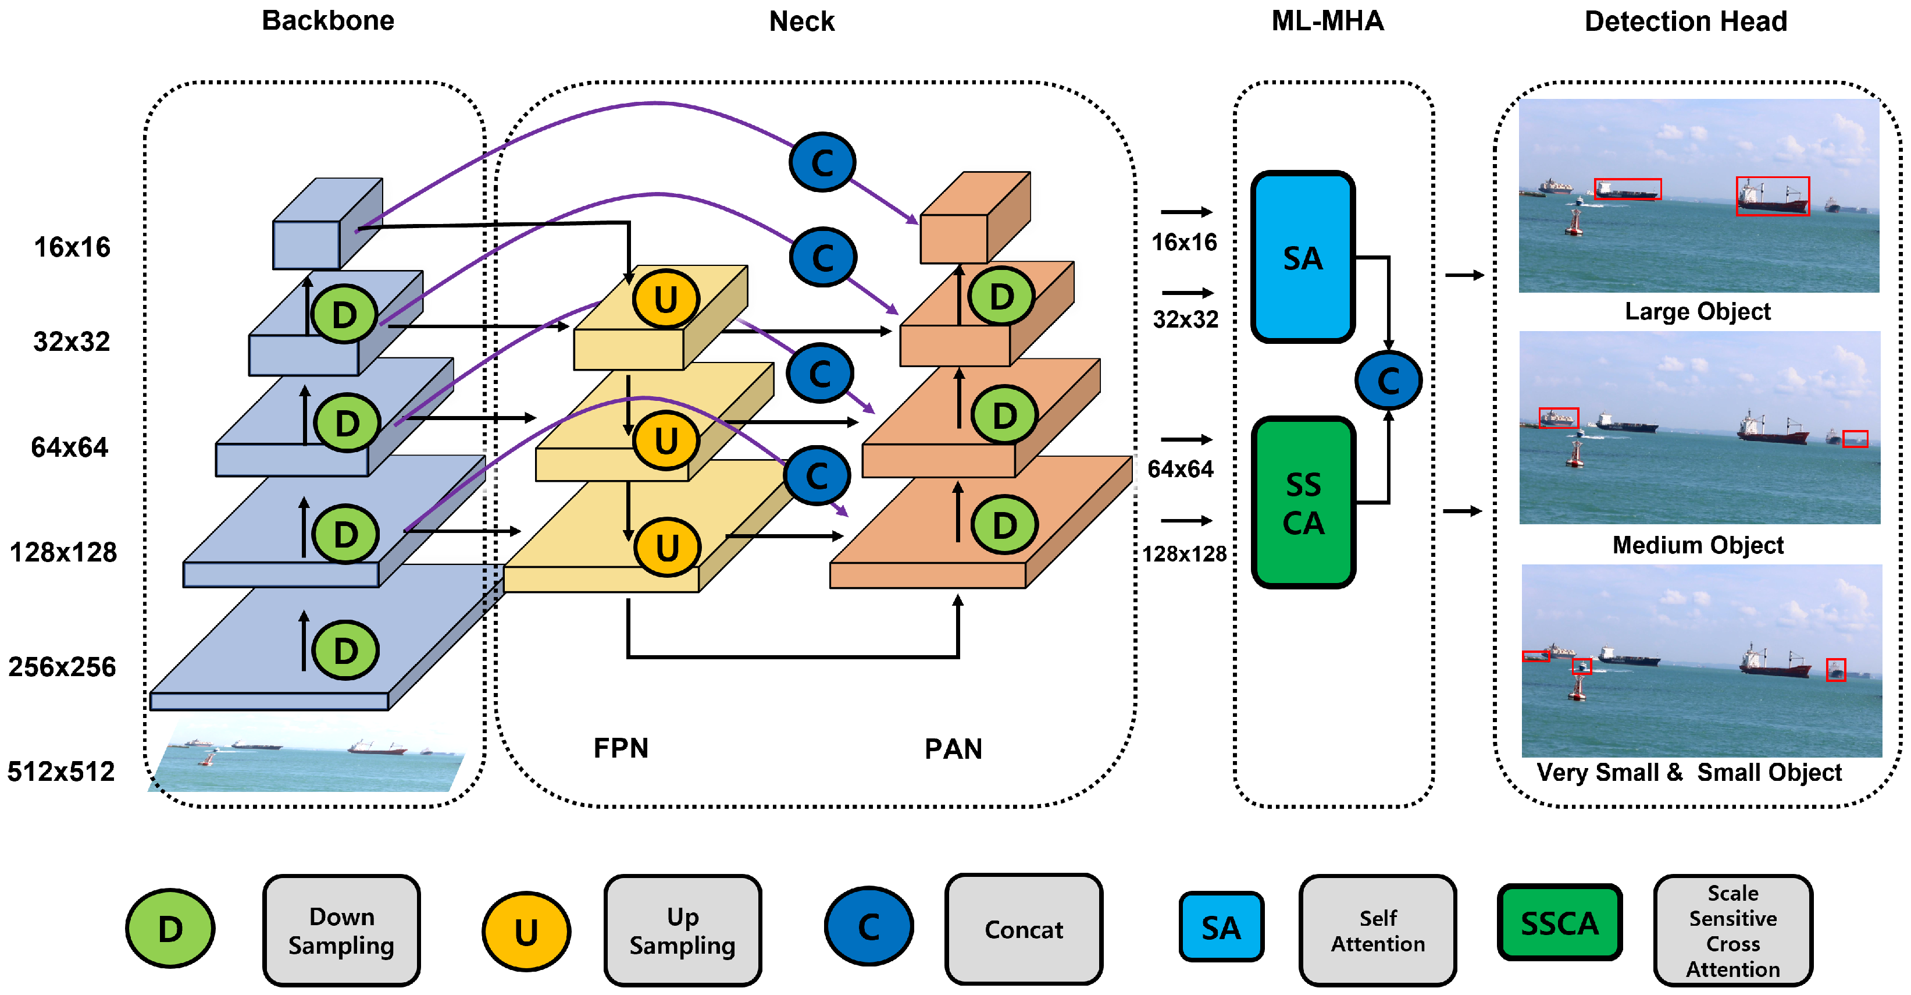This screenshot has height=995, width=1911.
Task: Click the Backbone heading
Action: click(328, 21)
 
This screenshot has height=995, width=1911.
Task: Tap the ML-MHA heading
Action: click(1327, 21)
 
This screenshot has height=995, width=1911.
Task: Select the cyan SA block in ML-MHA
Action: click(1303, 257)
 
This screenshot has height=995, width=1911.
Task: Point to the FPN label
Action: click(621, 748)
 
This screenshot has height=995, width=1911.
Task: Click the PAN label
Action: click(953, 749)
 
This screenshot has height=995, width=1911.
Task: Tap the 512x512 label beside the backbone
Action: click(62, 772)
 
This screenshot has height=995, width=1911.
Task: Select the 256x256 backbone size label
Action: click(62, 667)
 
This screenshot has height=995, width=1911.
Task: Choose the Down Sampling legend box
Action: click(341, 930)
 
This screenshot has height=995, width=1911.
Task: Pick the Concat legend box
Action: click(1024, 930)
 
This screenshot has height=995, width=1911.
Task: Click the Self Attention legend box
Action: click(1378, 930)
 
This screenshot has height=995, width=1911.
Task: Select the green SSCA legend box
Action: click(1559, 923)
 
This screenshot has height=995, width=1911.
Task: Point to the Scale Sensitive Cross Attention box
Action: click(1733, 930)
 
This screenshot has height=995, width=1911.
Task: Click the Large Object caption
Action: click(1698, 312)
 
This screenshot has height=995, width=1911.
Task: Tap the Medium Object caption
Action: click(1698, 545)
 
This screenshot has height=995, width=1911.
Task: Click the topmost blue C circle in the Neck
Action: click(822, 162)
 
